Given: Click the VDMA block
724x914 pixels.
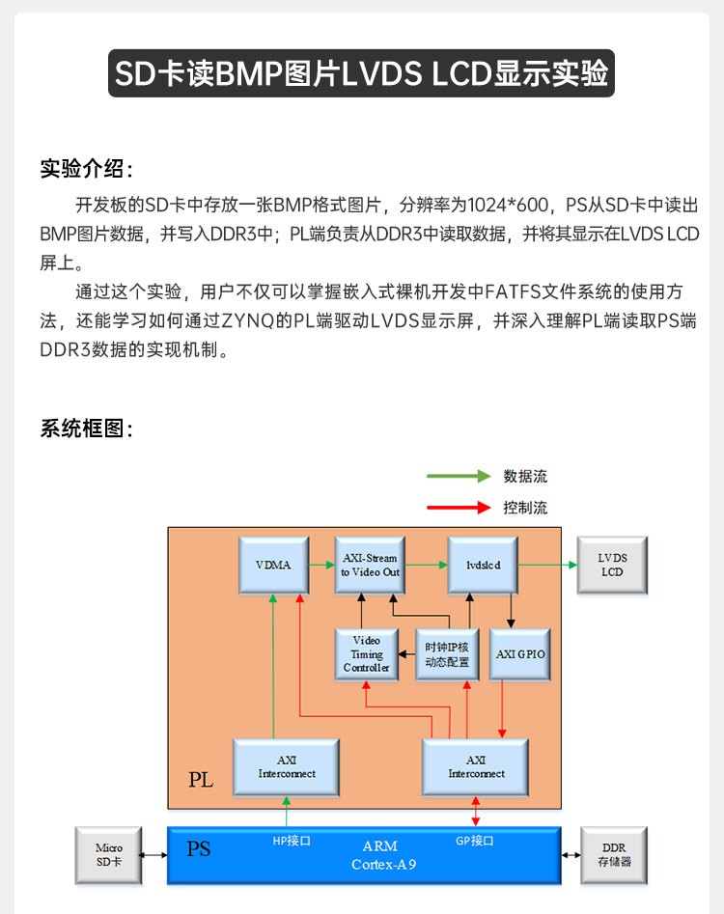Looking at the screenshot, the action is pyautogui.click(x=273, y=565).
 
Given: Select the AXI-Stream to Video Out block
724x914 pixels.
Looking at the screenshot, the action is pyautogui.click(x=370, y=565).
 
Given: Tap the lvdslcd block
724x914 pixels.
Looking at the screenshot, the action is pyautogui.click(x=482, y=565).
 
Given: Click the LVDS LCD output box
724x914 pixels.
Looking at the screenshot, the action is pyautogui.click(x=612, y=565).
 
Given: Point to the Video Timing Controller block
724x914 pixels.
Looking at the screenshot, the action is pyautogui.click(x=367, y=653).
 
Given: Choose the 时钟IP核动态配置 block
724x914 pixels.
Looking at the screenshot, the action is pyautogui.click(x=447, y=653).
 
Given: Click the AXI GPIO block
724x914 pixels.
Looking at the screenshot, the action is pyautogui.click(x=521, y=653).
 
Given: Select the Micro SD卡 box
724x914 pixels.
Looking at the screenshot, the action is pyautogui.click(x=109, y=854).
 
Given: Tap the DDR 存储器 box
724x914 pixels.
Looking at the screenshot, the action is pyautogui.click(x=613, y=854).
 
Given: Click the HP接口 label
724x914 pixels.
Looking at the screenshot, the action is pyautogui.click(x=292, y=841).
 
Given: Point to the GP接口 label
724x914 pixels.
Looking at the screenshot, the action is pyautogui.click(x=475, y=841).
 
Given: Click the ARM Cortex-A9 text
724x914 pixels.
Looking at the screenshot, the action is pyautogui.click(x=383, y=856).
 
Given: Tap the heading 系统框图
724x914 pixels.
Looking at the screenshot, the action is pyautogui.click(x=86, y=429).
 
